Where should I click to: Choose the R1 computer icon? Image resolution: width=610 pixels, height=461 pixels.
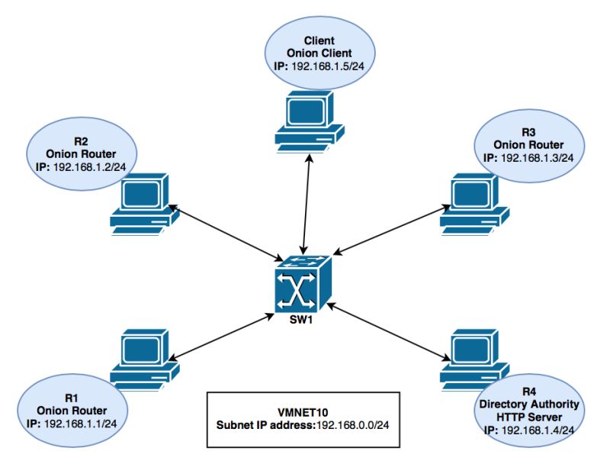pyautogui.click(x=145, y=356)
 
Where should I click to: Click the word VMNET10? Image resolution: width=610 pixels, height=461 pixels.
pyautogui.click(x=303, y=409)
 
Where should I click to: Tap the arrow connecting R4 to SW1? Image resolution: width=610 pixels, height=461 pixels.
pyautogui.click(x=387, y=330)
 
